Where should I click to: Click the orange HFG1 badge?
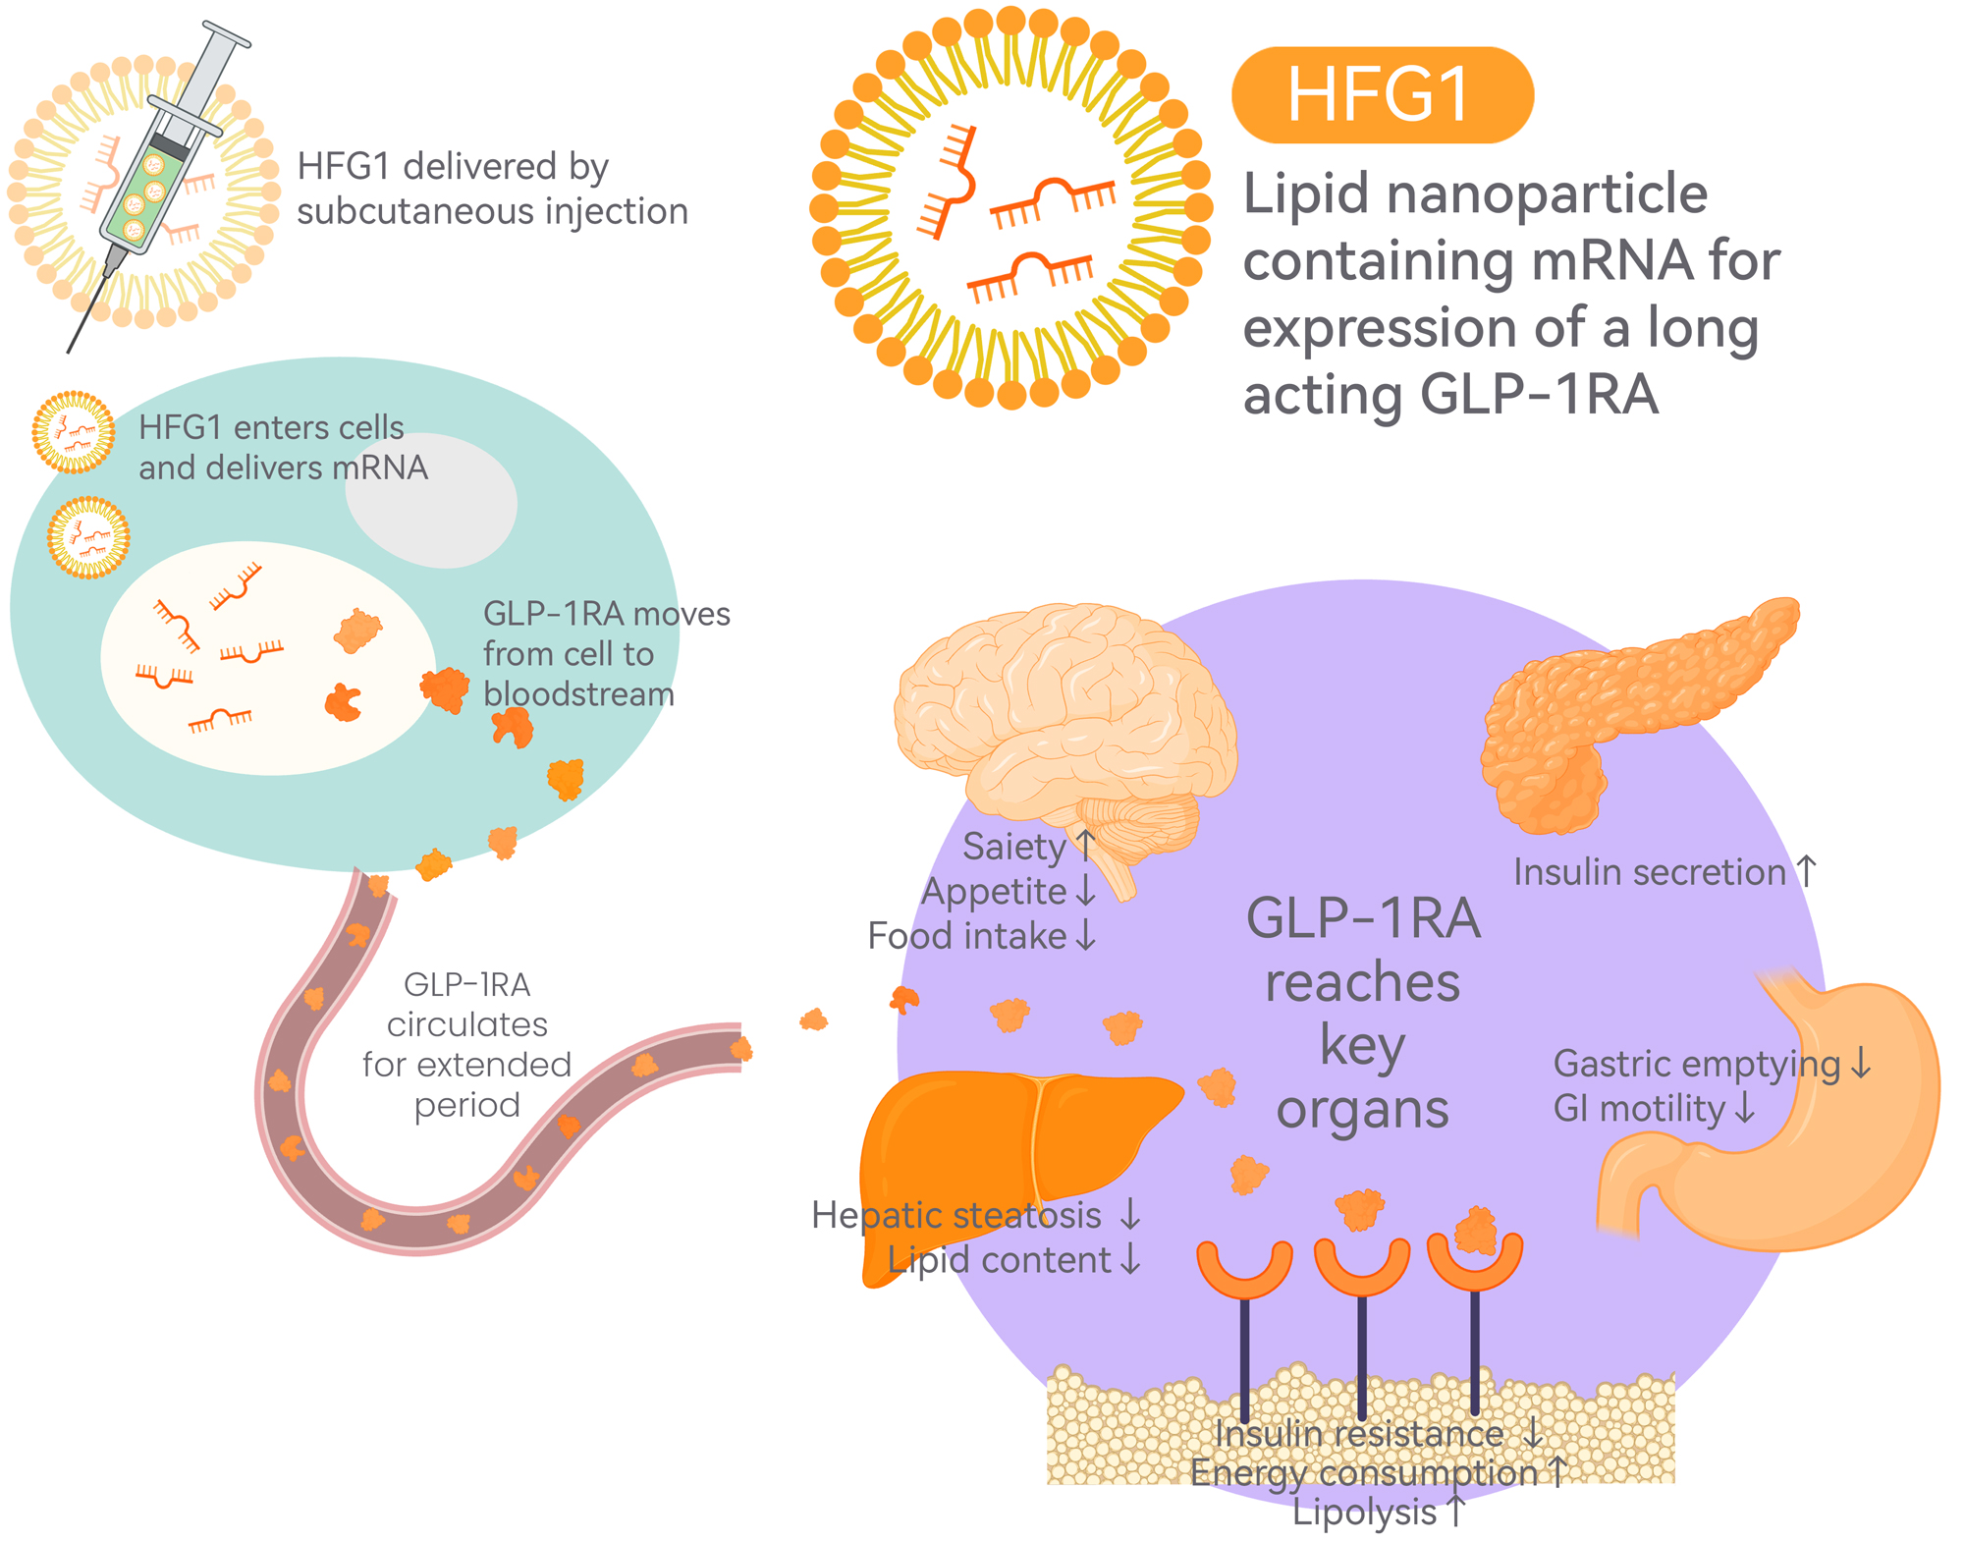click(1382, 95)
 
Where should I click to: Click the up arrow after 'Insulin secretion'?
click(1807, 871)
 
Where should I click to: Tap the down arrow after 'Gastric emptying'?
click(1861, 1064)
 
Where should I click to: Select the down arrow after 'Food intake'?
click(1085, 935)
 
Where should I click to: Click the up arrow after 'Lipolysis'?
click(1456, 1512)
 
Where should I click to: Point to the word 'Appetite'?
click(994, 892)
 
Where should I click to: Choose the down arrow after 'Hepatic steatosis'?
click(1130, 1215)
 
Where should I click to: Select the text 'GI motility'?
click(1639, 1109)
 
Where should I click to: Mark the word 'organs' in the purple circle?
click(1362, 1111)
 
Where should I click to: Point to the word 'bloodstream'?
click(578, 694)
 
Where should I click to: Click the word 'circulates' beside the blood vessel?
click(467, 1024)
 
